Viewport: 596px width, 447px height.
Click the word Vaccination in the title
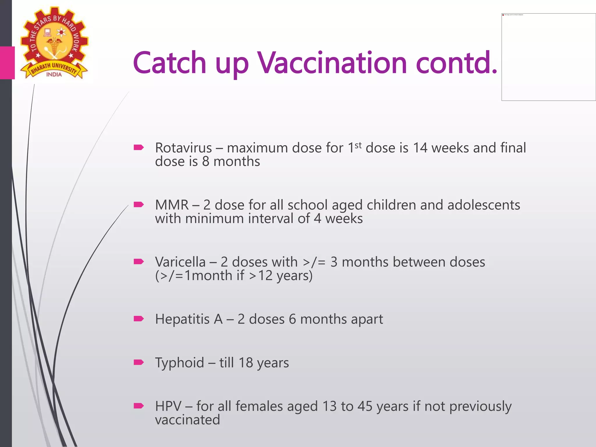click(x=332, y=63)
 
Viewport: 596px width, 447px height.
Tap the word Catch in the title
click(x=169, y=63)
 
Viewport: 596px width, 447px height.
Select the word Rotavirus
click(x=183, y=148)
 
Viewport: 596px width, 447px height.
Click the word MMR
click(x=172, y=205)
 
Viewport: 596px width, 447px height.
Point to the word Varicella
click(x=180, y=262)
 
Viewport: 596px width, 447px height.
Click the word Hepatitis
click(x=182, y=319)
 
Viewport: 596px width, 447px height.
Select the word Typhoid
click(x=180, y=363)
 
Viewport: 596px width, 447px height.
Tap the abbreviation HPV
click(x=168, y=406)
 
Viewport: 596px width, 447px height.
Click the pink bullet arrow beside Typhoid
click(x=139, y=362)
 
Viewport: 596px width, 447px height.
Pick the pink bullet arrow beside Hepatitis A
click(x=139, y=319)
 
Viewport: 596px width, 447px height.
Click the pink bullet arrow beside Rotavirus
click(x=139, y=148)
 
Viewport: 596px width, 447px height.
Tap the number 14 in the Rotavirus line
click(x=420, y=148)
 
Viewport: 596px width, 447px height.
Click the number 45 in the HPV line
click(x=365, y=406)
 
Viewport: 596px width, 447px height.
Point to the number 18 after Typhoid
click(x=245, y=363)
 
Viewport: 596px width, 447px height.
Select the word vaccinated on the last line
click(x=187, y=420)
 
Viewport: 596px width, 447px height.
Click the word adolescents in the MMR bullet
click(x=484, y=205)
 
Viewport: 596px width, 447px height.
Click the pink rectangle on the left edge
click(x=7, y=63)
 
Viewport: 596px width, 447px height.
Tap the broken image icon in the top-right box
click(x=503, y=15)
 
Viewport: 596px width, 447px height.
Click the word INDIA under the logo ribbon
click(x=54, y=74)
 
